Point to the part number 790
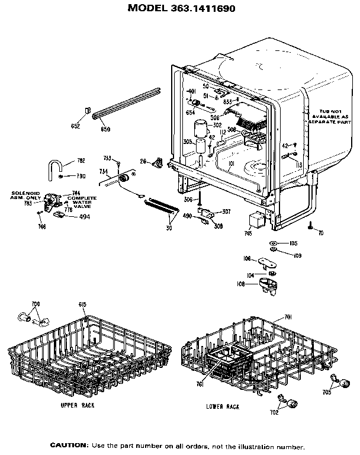pos(81,176)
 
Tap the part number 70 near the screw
pos(320,233)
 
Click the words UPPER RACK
pos(78,406)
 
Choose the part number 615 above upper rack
pos(82,304)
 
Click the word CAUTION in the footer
pos(68,445)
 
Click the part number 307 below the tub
pos(226,212)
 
